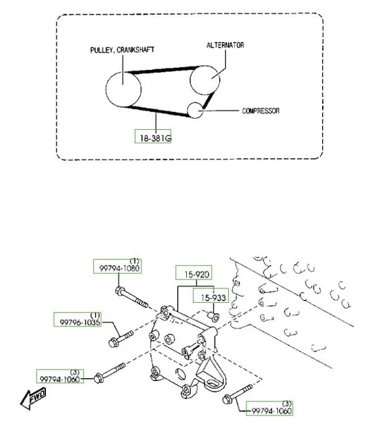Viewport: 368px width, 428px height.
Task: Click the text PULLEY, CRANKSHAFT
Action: coord(122,50)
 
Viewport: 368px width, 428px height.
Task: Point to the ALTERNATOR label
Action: coord(225,45)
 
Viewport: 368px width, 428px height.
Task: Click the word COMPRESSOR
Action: coord(261,111)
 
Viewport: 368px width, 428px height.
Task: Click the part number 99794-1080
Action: coord(119,268)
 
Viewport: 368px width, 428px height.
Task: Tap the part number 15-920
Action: coord(197,274)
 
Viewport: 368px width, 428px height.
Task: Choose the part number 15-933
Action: coord(213,298)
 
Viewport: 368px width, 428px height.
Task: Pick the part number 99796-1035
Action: coord(80,323)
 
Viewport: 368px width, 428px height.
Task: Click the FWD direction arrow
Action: coord(33,399)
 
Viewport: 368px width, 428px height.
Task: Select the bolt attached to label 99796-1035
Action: coord(121,338)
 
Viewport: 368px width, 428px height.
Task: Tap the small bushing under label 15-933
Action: coord(213,316)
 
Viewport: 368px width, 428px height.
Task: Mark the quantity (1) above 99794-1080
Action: coord(134,261)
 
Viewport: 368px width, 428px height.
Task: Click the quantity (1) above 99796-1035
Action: coord(95,315)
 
